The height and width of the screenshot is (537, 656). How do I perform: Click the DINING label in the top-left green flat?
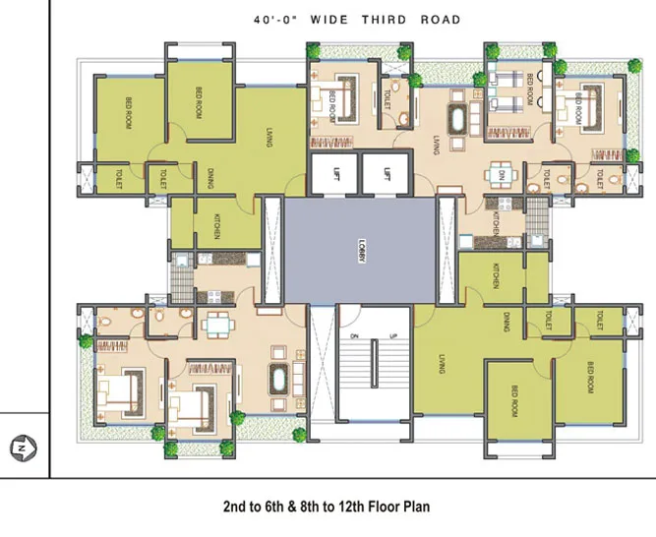209,177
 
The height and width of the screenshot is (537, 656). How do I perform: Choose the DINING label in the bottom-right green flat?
506,322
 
